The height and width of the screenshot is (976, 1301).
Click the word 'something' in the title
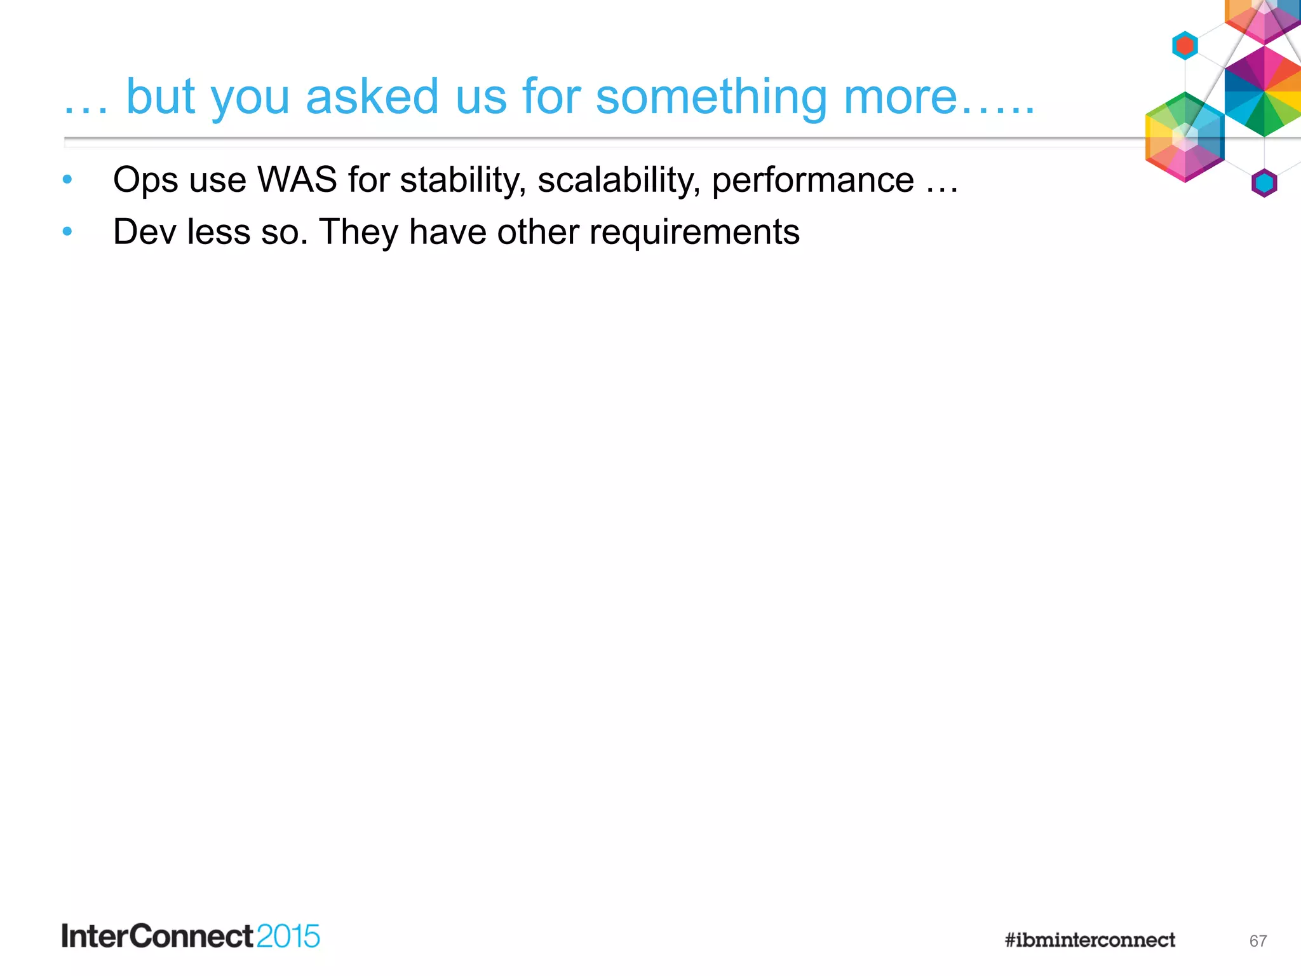(x=711, y=97)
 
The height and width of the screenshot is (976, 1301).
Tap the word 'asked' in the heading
(x=372, y=97)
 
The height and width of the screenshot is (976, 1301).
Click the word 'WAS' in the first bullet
(x=297, y=180)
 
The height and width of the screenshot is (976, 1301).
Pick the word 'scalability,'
(x=619, y=180)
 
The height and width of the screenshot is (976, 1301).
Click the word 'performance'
(x=812, y=180)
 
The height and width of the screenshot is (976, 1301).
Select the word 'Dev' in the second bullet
(x=144, y=232)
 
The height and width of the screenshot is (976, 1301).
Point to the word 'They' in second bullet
(x=358, y=232)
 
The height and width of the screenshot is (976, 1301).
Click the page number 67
(x=1258, y=941)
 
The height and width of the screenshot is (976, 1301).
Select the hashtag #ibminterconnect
(x=1089, y=940)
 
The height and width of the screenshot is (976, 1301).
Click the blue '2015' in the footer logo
(x=288, y=937)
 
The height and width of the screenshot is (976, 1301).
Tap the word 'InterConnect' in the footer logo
(x=158, y=937)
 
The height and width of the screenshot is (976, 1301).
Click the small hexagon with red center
(x=1185, y=46)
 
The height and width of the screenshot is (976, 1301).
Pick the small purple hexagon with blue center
(x=1264, y=183)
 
